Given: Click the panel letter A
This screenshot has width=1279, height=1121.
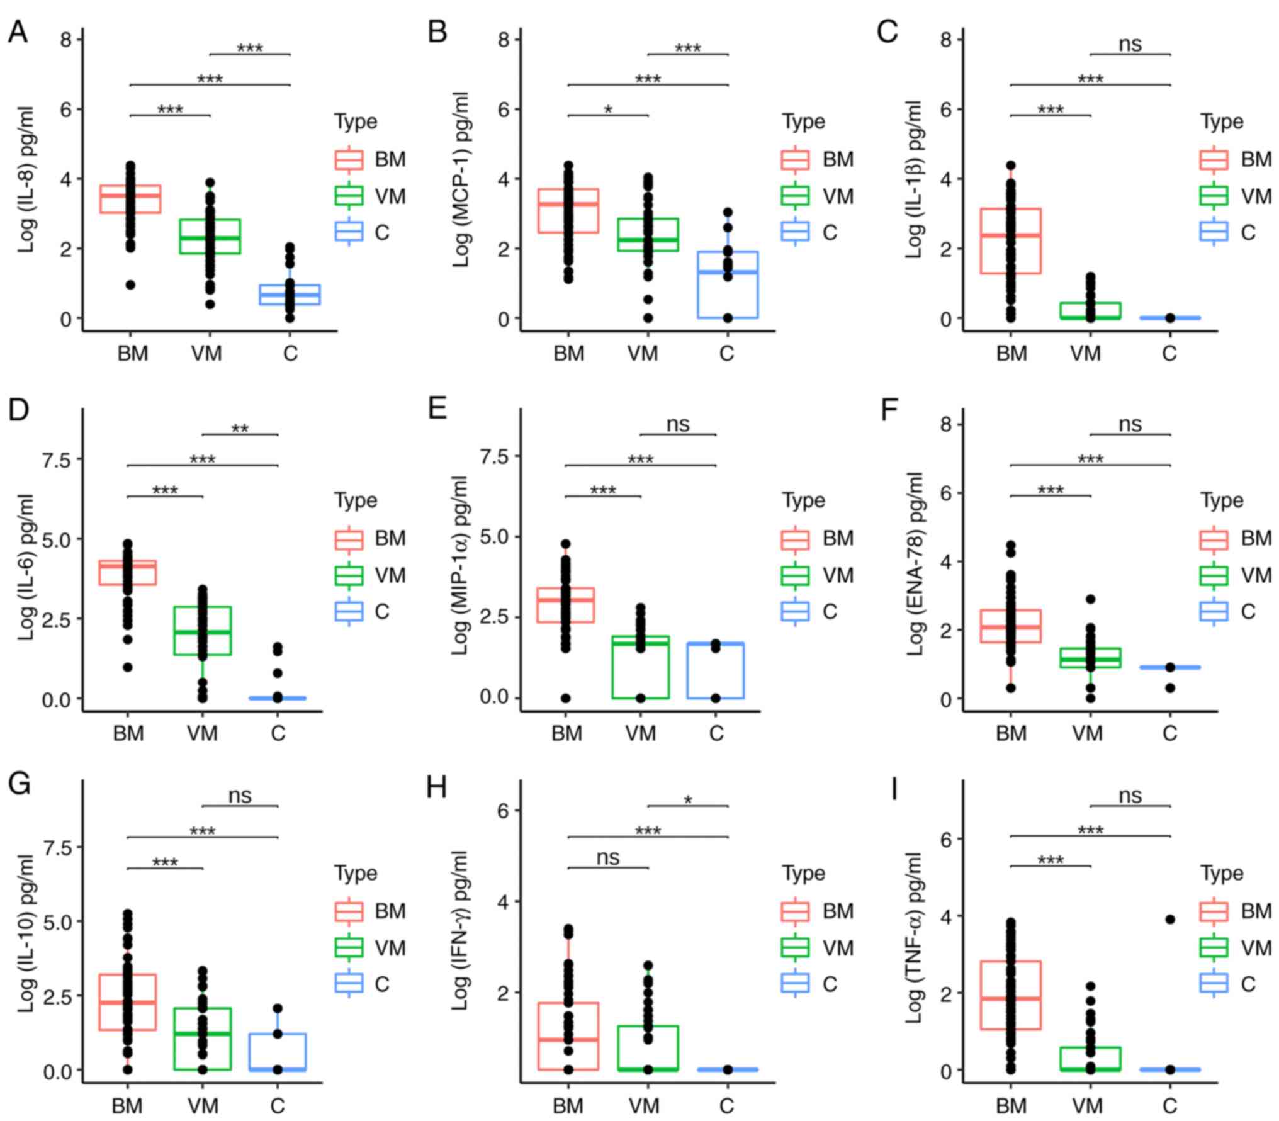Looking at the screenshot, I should tap(18, 31).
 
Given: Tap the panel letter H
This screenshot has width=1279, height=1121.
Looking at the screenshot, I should tap(437, 787).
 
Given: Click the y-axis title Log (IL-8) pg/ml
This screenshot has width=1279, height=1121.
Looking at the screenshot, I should tap(26, 179).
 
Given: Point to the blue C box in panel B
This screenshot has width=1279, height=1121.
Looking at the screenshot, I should tap(728, 284).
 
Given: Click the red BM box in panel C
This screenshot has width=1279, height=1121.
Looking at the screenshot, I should tap(1011, 241).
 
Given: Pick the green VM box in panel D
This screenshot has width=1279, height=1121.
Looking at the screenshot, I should tap(203, 630).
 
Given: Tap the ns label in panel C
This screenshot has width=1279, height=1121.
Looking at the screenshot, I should tap(1130, 44).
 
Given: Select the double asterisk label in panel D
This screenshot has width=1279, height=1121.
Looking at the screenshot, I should tap(240, 429).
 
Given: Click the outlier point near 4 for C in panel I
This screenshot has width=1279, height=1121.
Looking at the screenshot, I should tap(1170, 919).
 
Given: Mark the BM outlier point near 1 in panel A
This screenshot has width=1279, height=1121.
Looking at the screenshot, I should tap(130, 284).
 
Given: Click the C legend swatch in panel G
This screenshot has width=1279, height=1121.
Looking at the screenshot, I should tap(349, 983).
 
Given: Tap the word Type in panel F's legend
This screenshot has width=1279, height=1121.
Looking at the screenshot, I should tap(1222, 500).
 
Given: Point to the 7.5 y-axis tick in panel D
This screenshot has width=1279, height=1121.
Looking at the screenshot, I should tap(57, 459).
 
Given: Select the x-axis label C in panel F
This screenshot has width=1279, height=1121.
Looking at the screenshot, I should tap(1169, 733).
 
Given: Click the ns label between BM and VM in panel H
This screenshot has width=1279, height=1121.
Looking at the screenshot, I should tap(608, 857).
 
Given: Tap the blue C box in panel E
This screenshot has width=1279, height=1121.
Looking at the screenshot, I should tap(716, 670).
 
